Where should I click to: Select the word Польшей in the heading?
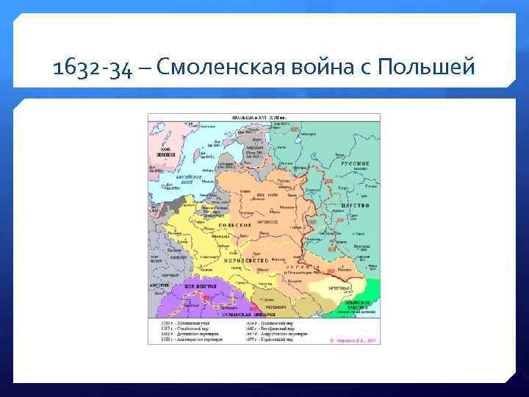tap(426, 69)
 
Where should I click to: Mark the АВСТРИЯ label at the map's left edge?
tap(159, 283)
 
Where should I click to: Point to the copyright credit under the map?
tap(354, 340)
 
